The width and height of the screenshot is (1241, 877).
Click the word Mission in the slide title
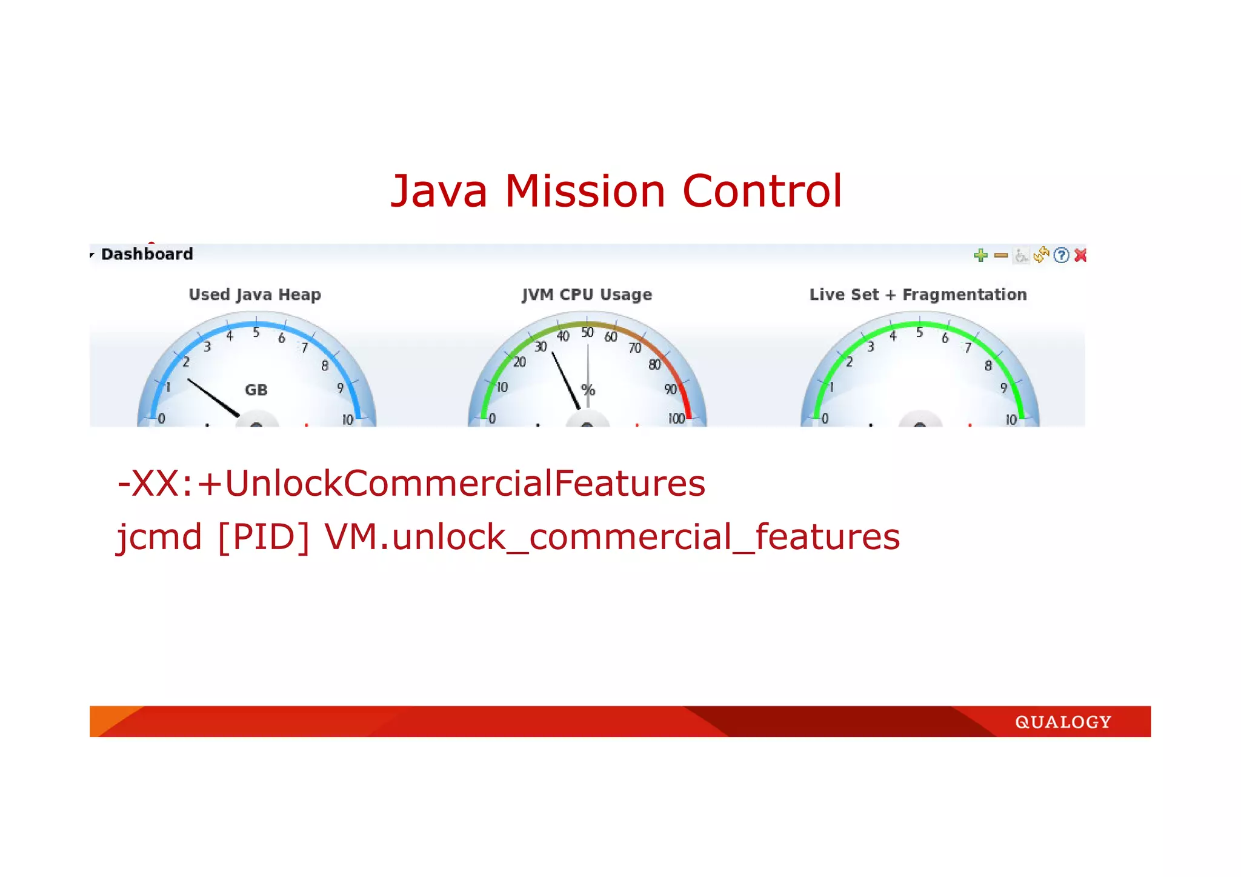[x=585, y=192]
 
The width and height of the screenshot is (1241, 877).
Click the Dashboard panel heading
[x=147, y=254]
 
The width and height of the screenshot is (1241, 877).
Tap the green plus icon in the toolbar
[x=980, y=255]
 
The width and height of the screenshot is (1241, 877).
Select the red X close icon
[x=1080, y=255]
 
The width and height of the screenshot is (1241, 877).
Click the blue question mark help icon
[x=1061, y=255]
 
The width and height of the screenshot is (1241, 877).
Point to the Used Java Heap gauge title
[x=255, y=295]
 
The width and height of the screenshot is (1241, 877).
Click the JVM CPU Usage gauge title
[x=587, y=295]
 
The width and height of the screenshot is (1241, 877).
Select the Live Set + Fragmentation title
[x=918, y=295]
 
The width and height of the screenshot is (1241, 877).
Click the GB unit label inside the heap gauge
[x=256, y=390]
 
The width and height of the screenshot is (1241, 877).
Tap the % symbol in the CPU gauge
[x=588, y=390]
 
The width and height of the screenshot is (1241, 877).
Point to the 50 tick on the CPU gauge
[x=587, y=333]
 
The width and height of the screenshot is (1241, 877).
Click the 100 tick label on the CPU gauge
[x=676, y=419]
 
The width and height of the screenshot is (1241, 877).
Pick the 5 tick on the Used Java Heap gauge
[x=256, y=333]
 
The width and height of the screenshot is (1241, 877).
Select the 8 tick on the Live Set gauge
[x=988, y=365]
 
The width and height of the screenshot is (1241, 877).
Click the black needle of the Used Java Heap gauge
[x=213, y=398]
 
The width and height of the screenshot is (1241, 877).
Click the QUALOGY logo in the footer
[x=1063, y=722]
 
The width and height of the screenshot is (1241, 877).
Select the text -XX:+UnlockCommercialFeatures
[x=411, y=484]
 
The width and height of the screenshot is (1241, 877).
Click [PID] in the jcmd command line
[x=263, y=537]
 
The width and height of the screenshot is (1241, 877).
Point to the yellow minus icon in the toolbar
[x=1001, y=255]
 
